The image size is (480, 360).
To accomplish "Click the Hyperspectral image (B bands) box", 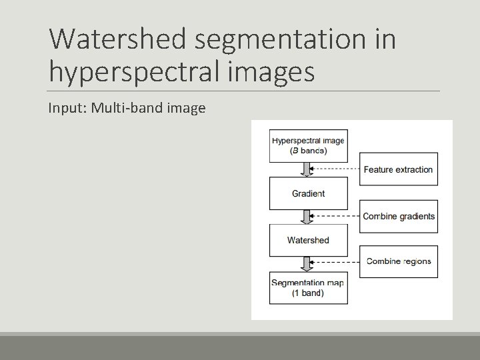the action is click(308, 145).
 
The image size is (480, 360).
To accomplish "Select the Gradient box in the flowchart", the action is click(308, 193).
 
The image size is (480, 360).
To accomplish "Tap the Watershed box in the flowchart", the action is click(308, 240).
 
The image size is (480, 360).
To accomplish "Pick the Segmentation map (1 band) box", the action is click(308, 287).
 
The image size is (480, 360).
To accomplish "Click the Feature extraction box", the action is click(398, 169).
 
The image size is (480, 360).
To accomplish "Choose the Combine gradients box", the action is click(398, 216).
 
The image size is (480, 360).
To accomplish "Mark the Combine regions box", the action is click(398, 261).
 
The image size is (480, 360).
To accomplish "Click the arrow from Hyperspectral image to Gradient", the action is click(307, 169).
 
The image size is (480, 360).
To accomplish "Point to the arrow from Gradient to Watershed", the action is click(307, 217).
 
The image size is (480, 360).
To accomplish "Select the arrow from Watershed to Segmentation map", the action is click(307, 264).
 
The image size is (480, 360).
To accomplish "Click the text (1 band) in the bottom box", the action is click(307, 293).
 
